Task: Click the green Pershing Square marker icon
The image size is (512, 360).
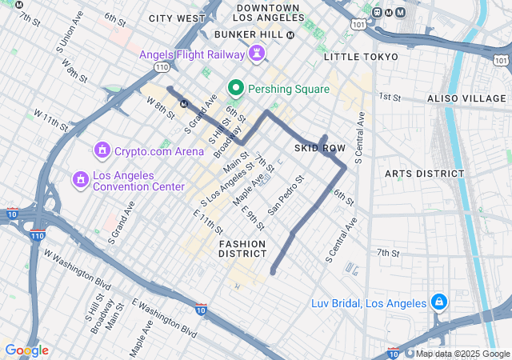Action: click(x=236, y=88)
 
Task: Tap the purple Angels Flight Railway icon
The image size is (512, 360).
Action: click(x=257, y=54)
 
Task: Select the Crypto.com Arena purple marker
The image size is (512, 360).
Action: click(x=102, y=150)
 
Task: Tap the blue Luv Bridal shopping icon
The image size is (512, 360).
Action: click(x=438, y=302)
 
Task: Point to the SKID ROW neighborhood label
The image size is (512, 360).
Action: click(x=319, y=149)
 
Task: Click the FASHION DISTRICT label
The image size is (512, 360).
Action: click(x=242, y=247)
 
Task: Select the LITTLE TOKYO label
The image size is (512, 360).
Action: click(x=361, y=57)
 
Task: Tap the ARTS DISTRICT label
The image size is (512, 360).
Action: click(x=424, y=173)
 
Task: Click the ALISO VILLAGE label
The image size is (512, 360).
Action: click(x=467, y=97)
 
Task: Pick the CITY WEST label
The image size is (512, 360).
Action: click(x=177, y=18)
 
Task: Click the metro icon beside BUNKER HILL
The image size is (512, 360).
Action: click(x=290, y=34)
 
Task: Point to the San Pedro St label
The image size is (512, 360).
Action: click(x=286, y=195)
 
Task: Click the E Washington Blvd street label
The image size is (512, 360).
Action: click(x=165, y=316)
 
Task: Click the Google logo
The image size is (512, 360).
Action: click(x=26, y=350)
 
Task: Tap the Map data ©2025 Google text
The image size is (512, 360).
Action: click(x=462, y=354)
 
